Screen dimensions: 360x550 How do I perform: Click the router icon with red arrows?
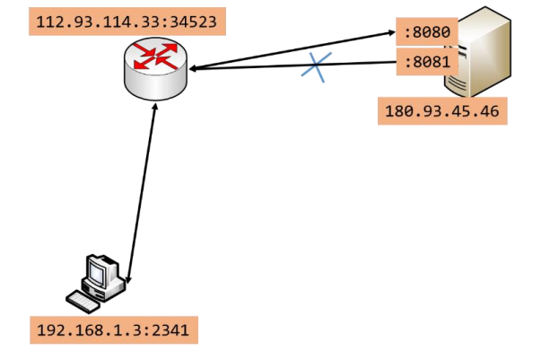pyautogui.click(x=157, y=67)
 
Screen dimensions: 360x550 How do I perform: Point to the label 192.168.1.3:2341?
pyautogui.click(x=112, y=329)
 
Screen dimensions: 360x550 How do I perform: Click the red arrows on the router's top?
pyautogui.click(x=157, y=55)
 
